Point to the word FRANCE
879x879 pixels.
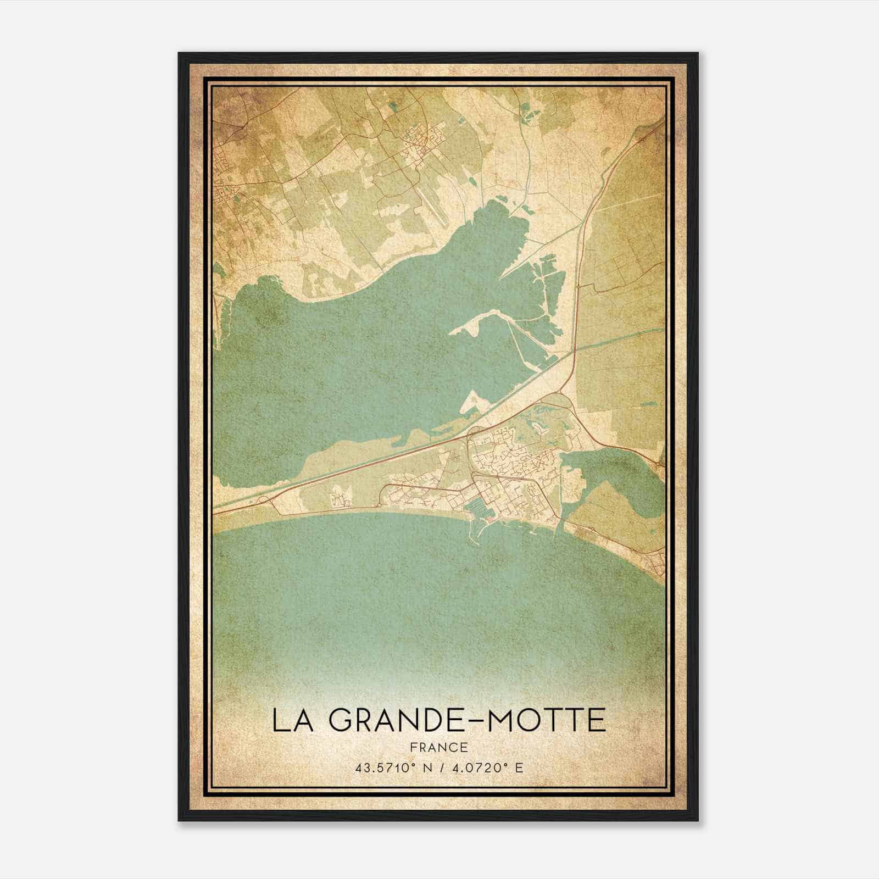(438, 747)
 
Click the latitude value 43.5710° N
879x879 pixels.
(390, 767)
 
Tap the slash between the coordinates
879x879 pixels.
(439, 767)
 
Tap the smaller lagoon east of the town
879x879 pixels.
(610, 478)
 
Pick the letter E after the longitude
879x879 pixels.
(519, 767)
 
